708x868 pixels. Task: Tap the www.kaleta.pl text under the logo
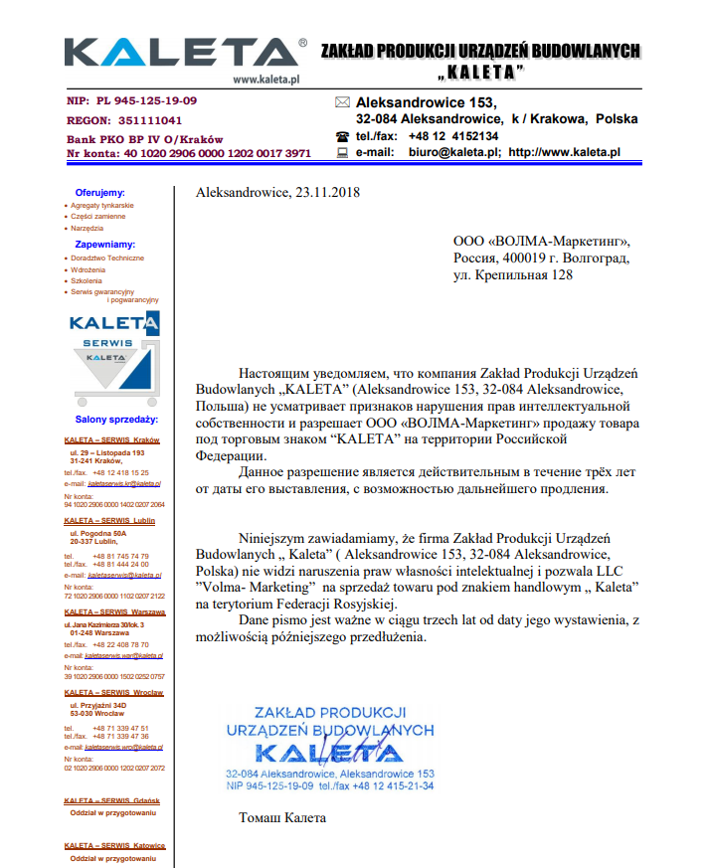(x=266, y=79)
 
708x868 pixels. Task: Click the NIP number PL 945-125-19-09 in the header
(x=146, y=101)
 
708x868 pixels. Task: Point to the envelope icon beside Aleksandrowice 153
(x=342, y=102)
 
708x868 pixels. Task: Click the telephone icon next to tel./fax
(x=342, y=136)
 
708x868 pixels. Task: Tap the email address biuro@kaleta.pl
(x=453, y=153)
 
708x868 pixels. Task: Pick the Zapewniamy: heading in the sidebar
(x=104, y=244)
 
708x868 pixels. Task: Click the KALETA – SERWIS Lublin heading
(x=109, y=521)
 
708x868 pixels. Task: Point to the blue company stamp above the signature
(x=329, y=749)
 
